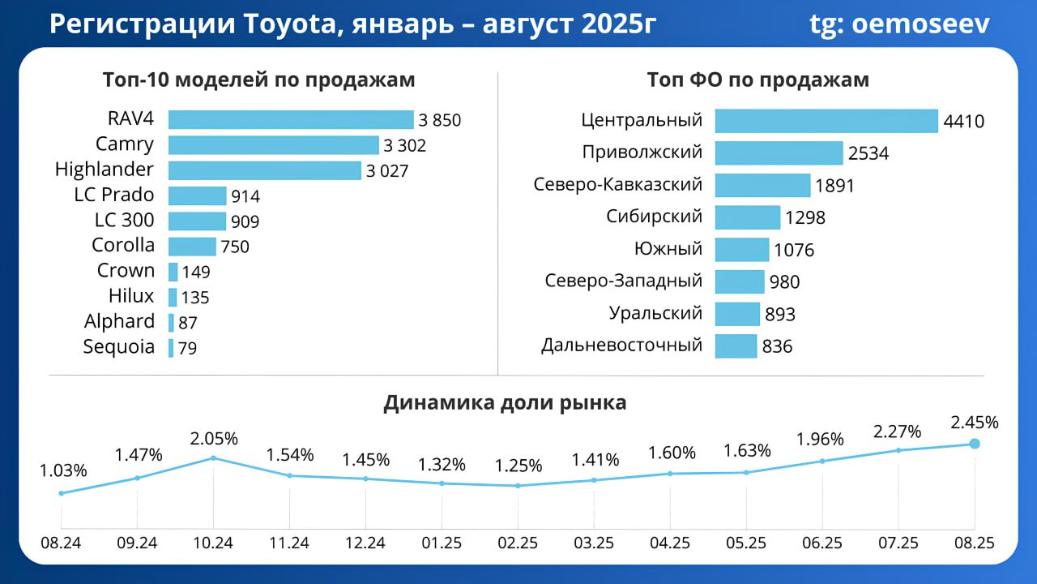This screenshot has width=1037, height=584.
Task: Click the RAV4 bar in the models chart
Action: tap(291, 120)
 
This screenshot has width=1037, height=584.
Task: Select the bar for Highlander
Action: tap(264, 170)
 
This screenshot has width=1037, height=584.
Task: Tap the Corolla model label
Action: tap(123, 246)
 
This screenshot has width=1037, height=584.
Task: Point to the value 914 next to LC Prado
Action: tap(245, 196)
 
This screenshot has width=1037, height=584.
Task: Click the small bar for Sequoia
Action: tap(171, 348)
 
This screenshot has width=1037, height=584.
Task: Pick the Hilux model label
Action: tap(131, 296)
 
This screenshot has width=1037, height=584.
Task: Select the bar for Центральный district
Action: tap(826, 121)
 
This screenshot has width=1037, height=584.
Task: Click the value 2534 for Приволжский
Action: tap(868, 153)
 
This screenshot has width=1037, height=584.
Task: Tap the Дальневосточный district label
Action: tap(621, 346)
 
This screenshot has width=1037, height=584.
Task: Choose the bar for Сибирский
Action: tap(747, 217)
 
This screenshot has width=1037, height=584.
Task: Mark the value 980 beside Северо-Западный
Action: tap(784, 282)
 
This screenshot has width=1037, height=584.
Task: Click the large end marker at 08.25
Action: tap(975, 444)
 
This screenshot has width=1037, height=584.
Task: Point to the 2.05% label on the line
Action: tap(213, 439)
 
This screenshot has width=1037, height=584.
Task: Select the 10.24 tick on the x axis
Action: tap(213, 543)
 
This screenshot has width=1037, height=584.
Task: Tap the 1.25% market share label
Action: tap(518, 466)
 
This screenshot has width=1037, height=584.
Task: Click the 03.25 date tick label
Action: tap(594, 543)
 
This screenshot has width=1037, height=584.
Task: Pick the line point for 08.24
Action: tap(62, 493)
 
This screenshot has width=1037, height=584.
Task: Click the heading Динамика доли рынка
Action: tap(505, 403)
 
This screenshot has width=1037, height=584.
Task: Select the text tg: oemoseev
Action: tap(899, 24)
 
